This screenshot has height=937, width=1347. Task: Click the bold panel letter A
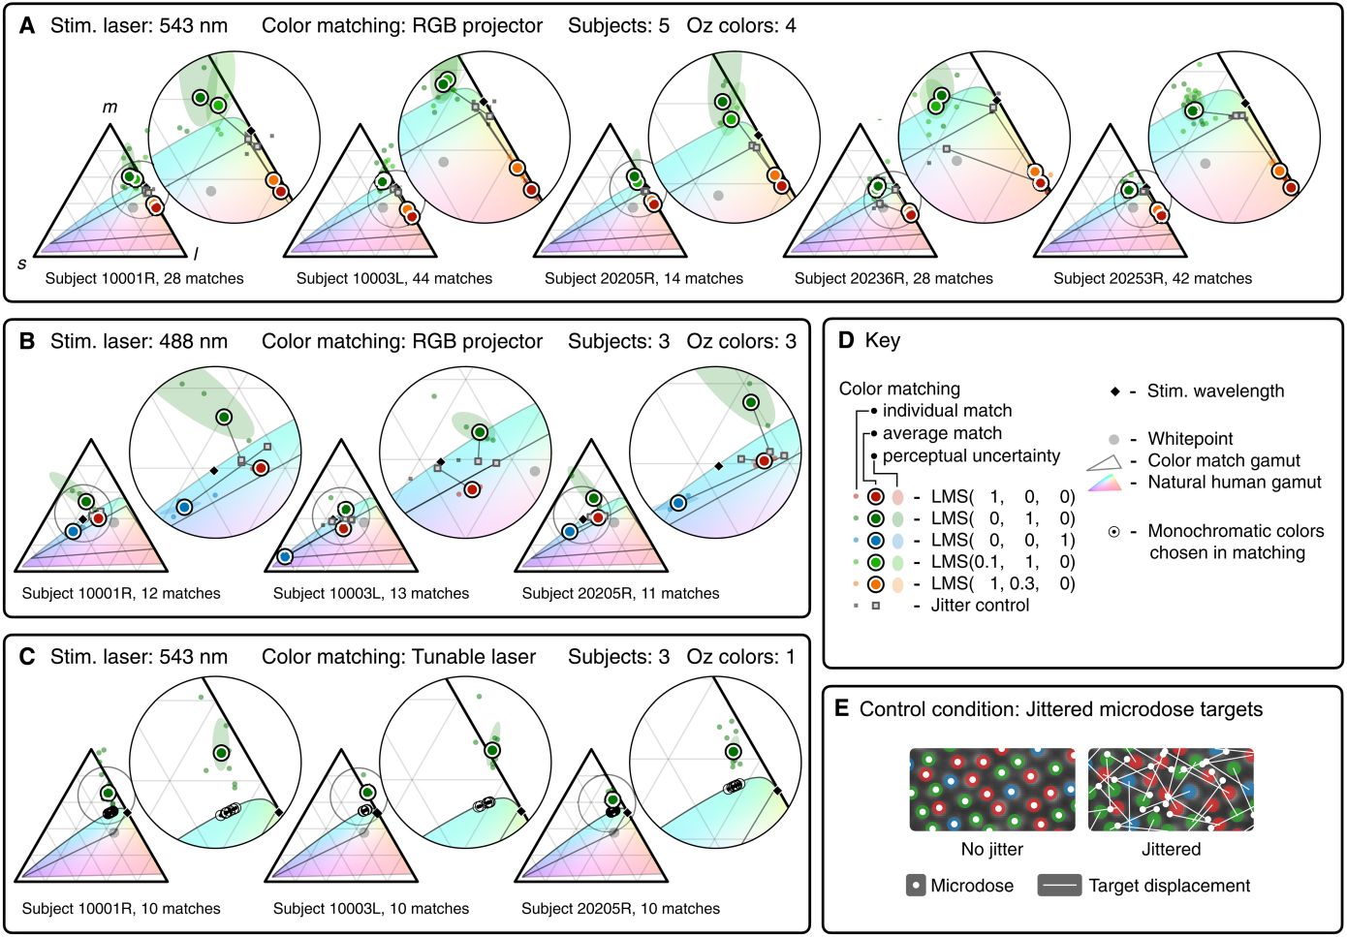[x=27, y=26]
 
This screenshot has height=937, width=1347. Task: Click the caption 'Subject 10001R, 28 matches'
[x=144, y=278]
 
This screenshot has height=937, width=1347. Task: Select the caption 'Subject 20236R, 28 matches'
[x=893, y=278]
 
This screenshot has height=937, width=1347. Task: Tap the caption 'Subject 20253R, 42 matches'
[x=1152, y=278]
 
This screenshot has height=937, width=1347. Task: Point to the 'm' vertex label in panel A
[x=110, y=107]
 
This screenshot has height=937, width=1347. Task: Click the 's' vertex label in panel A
[x=22, y=264]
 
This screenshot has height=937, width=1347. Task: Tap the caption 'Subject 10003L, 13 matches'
[x=371, y=593]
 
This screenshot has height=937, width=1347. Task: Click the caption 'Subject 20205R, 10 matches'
[x=620, y=909]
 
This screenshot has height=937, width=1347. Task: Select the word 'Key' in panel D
[x=883, y=341]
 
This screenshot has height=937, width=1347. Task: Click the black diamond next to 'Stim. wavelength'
[x=1115, y=391]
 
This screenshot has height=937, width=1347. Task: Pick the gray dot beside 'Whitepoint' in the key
[x=1115, y=439]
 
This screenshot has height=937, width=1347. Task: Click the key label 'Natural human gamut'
[x=1235, y=483]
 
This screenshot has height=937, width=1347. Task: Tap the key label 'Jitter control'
[x=980, y=606]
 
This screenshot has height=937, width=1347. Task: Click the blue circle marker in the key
[x=875, y=540]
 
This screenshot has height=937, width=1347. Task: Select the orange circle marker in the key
[x=875, y=583]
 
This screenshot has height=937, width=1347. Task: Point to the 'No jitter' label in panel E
[x=991, y=850]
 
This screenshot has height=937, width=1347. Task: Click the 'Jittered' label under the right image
[x=1171, y=850]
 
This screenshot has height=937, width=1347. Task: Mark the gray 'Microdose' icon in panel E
[x=916, y=886]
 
